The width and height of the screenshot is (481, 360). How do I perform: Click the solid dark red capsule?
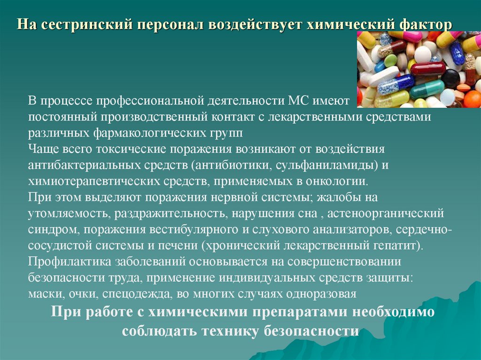tap(427, 69)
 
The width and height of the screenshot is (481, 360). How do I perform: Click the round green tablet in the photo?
tap(391, 61)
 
